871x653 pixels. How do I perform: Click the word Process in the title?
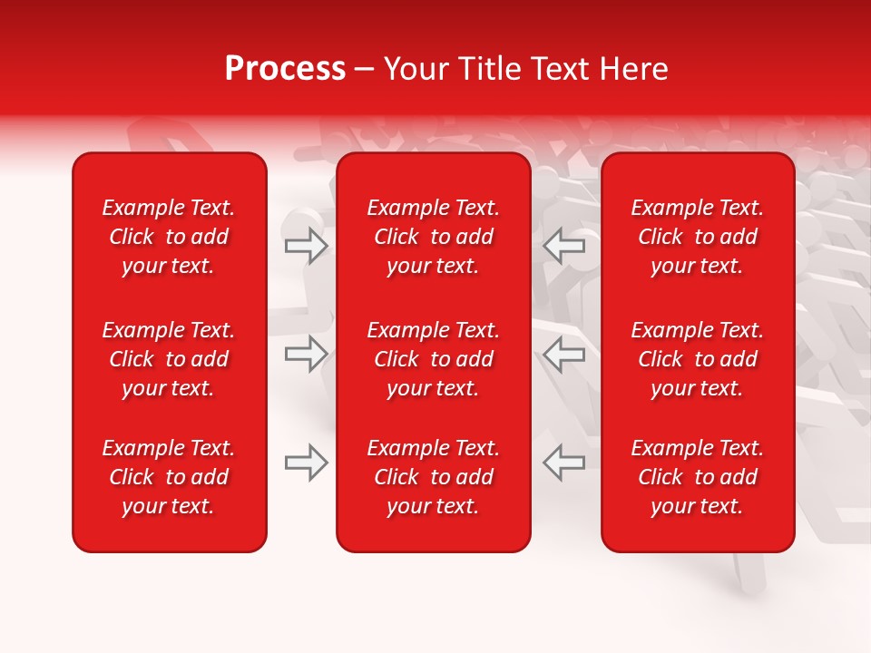click(285, 69)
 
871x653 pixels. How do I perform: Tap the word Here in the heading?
click(634, 69)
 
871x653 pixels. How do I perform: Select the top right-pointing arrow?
click(307, 246)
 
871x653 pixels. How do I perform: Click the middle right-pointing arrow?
click(307, 354)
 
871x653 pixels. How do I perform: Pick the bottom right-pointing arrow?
click(307, 463)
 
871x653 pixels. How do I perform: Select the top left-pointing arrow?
click(563, 246)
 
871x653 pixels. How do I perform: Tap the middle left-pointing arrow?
click(563, 354)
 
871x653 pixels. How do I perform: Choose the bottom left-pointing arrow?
click(563, 463)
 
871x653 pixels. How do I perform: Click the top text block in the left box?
click(169, 237)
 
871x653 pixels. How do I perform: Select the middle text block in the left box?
click(169, 359)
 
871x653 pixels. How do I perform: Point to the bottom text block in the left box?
click(169, 477)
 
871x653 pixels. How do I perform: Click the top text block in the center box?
click(433, 237)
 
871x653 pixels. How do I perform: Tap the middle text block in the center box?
click(433, 359)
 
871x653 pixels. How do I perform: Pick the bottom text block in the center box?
click(433, 477)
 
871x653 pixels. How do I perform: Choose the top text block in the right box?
click(697, 237)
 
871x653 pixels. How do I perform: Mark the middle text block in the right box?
click(697, 359)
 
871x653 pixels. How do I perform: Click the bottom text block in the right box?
click(697, 477)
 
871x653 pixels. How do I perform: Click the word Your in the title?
click(416, 69)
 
